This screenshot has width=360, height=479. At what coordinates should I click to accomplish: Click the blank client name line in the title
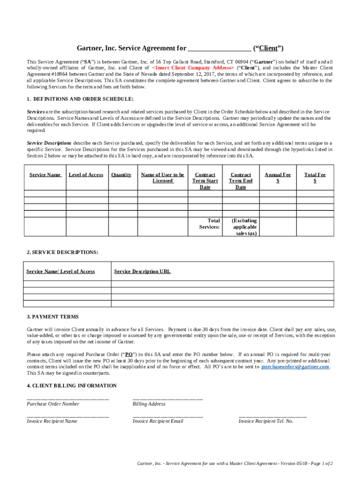(219, 49)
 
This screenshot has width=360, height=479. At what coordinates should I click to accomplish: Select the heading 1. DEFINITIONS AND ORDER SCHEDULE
(80, 99)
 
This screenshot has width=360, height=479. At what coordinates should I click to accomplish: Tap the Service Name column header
(45, 175)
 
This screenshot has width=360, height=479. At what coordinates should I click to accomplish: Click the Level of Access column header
(86, 175)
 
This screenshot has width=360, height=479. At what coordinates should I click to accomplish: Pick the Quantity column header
(121, 175)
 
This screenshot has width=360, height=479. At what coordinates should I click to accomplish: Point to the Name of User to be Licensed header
(163, 178)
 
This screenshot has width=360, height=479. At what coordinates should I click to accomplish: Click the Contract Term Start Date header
(205, 181)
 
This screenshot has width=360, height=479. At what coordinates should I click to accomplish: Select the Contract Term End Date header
(241, 181)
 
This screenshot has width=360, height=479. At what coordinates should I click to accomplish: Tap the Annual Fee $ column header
(278, 178)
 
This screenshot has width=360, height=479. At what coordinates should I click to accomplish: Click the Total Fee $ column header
(315, 178)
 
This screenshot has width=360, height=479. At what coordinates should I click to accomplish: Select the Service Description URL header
(142, 271)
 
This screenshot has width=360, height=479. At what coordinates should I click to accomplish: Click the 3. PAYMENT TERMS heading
(53, 317)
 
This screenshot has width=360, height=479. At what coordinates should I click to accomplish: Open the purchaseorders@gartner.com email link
(295, 367)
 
